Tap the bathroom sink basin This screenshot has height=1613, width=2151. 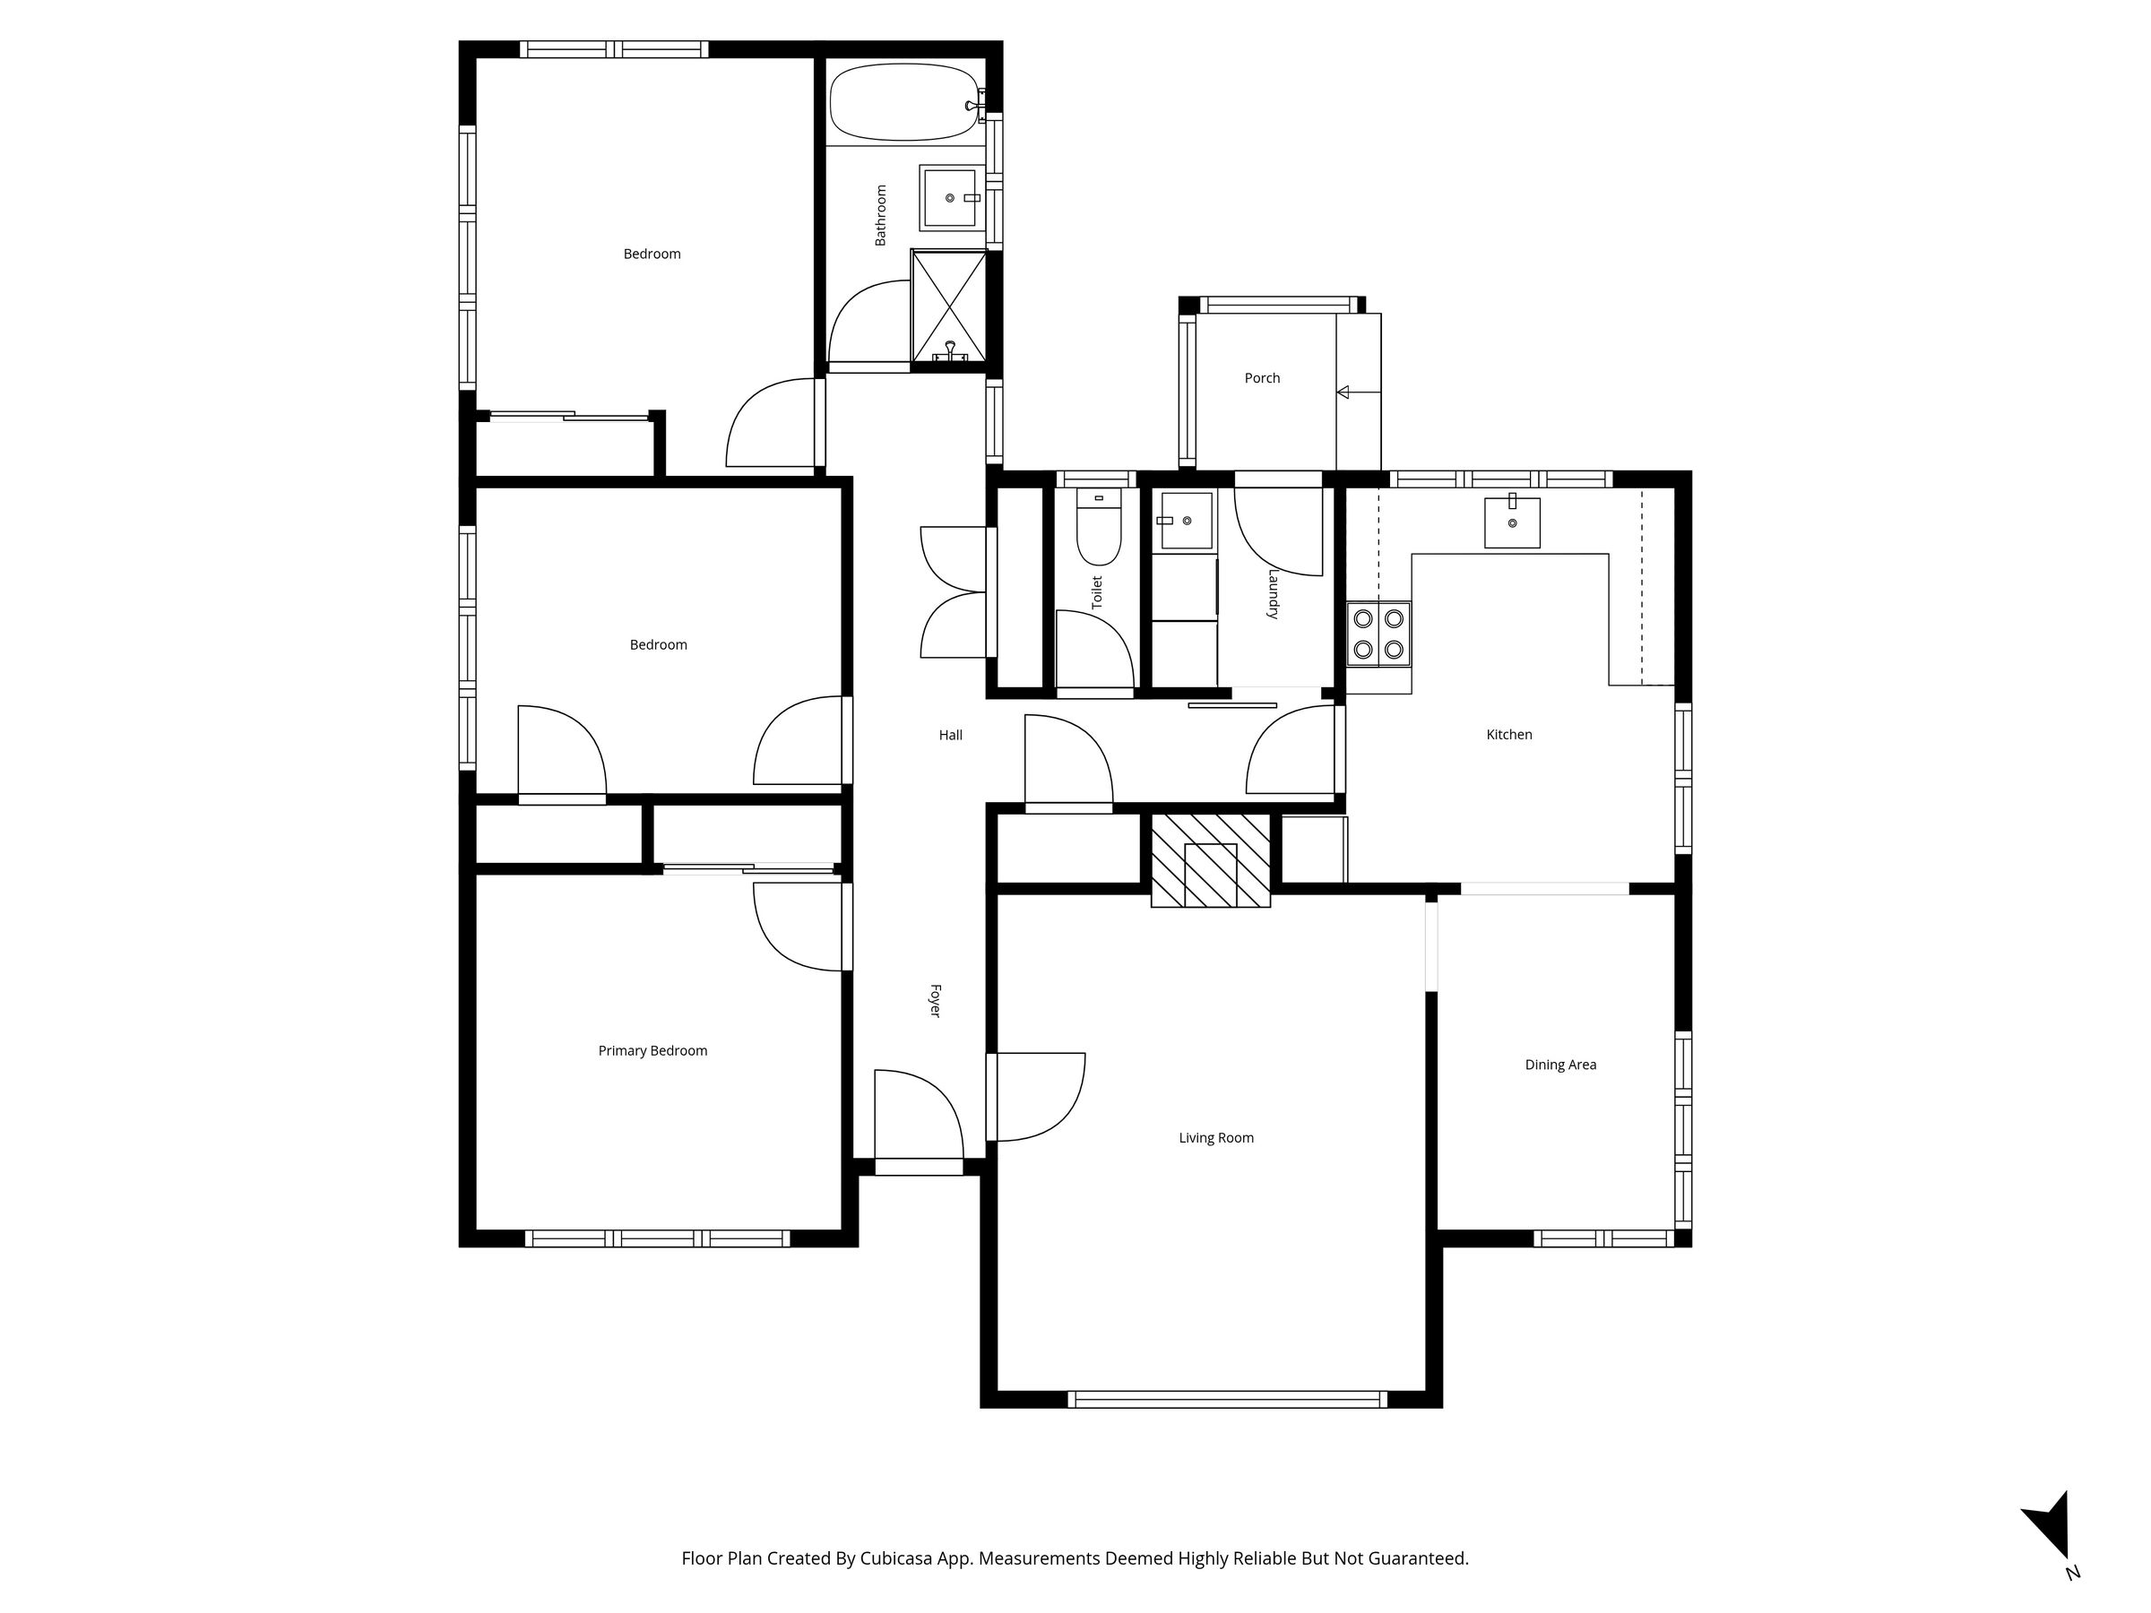tap(949, 197)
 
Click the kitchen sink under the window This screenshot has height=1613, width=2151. tap(1512, 522)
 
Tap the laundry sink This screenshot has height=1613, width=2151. tap(1185, 520)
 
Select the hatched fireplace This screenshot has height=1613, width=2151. tap(1211, 860)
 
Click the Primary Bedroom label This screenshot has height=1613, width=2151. tap(652, 1051)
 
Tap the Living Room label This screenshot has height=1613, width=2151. tap(1216, 1137)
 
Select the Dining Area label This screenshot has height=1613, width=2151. tap(1560, 1065)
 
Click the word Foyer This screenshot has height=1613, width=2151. tap(936, 1000)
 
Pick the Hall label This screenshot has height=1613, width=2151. tap(951, 735)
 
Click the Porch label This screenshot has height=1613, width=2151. tap(1262, 378)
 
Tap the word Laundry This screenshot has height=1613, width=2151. tap(1272, 594)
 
